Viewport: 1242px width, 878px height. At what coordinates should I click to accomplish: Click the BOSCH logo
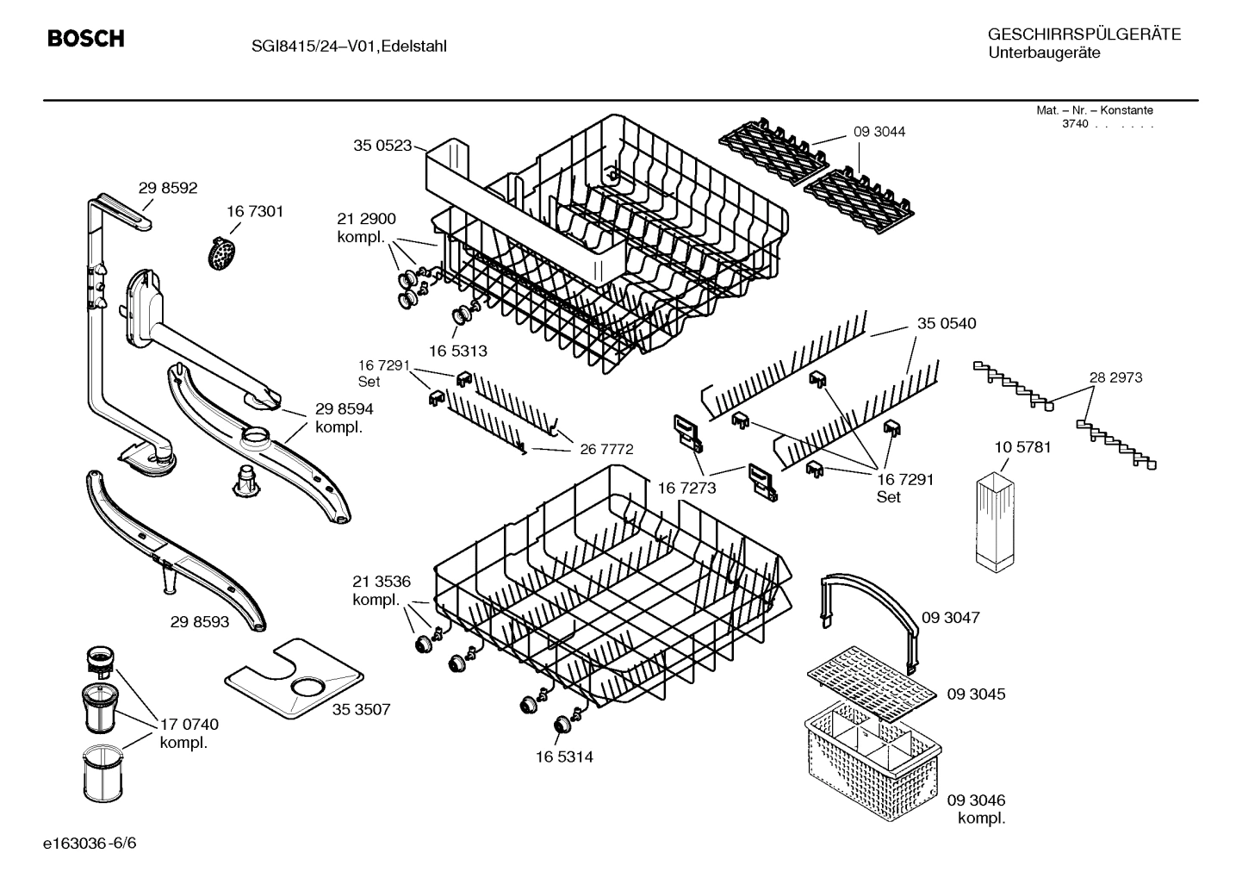point(85,39)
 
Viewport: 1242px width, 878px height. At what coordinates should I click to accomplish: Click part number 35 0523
point(382,146)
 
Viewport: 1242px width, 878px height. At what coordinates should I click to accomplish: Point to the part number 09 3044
point(879,132)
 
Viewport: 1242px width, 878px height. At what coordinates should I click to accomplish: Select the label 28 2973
point(1115,377)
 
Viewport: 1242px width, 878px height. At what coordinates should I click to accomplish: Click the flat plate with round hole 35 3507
point(294,680)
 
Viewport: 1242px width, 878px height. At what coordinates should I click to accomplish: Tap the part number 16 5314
point(564,757)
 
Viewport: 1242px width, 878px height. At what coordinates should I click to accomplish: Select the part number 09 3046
point(976,800)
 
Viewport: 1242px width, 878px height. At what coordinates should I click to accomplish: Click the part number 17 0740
point(189,725)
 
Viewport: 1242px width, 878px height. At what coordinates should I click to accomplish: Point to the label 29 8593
point(200,620)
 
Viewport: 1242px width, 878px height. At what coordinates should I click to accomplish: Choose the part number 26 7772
point(606,449)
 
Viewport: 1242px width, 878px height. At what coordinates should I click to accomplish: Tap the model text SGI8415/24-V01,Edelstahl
point(349,47)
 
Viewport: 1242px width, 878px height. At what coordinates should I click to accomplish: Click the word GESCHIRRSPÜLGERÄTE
point(1084,34)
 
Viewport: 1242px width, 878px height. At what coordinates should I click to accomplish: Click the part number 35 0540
point(947,323)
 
